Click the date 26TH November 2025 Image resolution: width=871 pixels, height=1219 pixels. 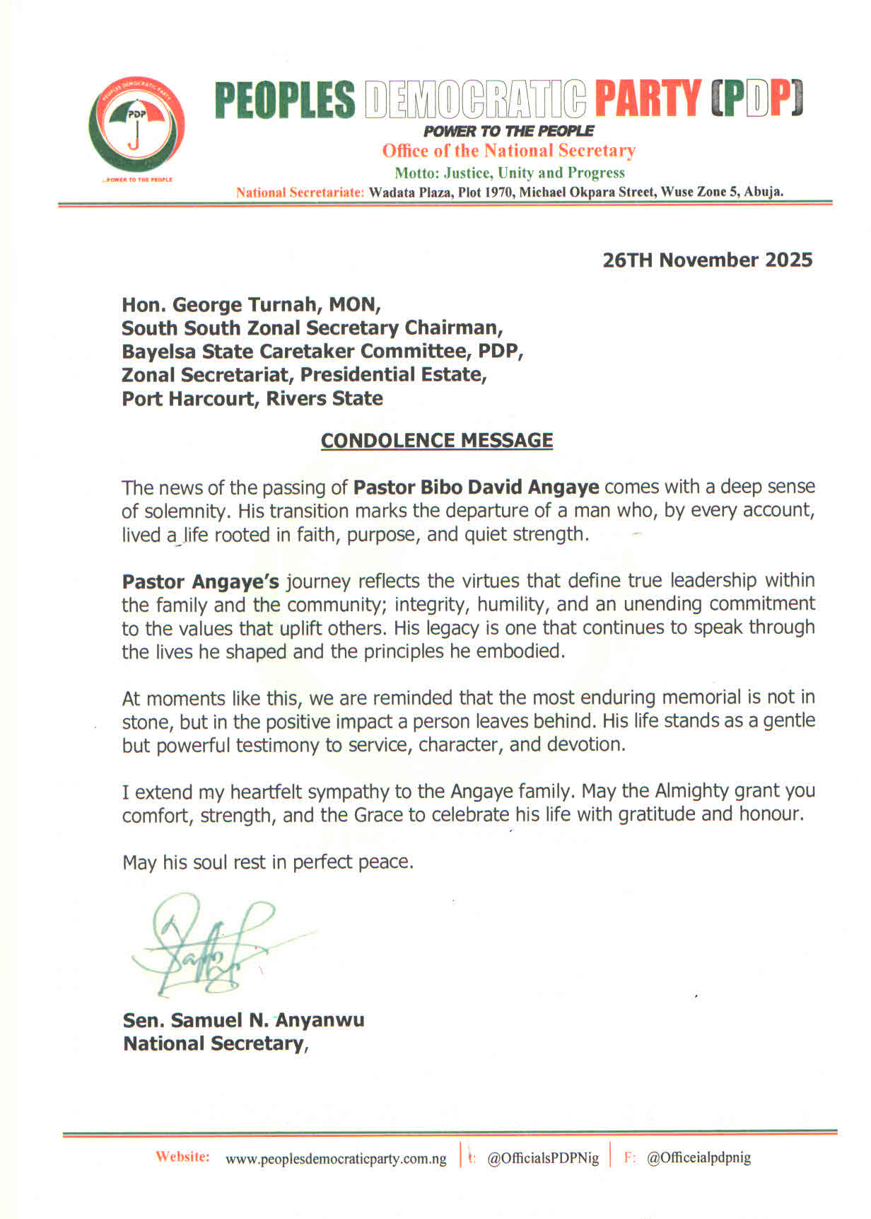tap(707, 260)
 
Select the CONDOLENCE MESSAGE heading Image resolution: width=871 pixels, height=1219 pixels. tap(437, 441)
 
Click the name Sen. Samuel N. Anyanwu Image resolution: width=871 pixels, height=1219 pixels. tap(243, 1020)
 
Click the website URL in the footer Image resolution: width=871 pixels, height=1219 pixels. tap(336, 1159)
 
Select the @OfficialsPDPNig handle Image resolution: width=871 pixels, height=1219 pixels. tap(543, 1158)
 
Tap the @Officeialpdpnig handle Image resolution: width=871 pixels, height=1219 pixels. tap(698, 1158)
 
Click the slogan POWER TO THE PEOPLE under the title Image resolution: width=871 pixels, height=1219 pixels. tap(508, 131)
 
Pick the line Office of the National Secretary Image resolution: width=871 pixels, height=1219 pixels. tap(508, 151)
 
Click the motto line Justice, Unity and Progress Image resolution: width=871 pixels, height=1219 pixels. tap(509, 173)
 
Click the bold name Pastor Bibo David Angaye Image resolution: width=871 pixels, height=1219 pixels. tap(476, 487)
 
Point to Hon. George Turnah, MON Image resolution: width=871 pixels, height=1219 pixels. tap(251, 305)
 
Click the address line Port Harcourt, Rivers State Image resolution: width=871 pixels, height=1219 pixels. tap(252, 399)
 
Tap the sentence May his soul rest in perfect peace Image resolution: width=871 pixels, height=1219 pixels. tap(267, 862)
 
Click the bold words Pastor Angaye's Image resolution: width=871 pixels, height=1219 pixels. tap(201, 582)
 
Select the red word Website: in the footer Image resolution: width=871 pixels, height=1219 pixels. tap(182, 1157)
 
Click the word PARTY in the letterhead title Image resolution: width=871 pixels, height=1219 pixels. tap(648, 100)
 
